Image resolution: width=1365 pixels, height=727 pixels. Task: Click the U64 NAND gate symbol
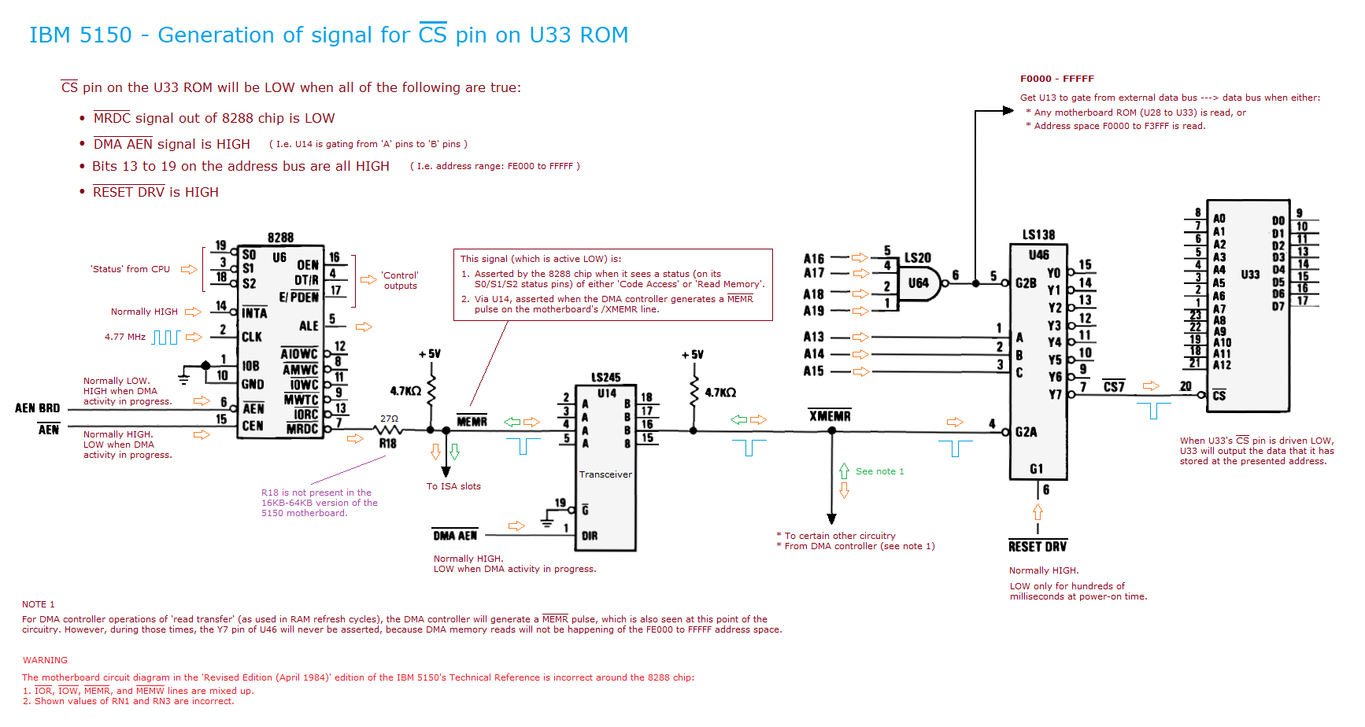point(919,283)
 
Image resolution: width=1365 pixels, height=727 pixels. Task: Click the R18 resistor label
point(388,444)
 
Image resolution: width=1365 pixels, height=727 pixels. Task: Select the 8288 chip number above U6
point(280,238)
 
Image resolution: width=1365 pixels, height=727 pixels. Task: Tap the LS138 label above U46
point(1038,235)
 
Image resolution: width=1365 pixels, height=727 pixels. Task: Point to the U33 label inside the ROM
point(1250,275)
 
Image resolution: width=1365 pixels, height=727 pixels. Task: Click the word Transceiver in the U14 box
point(605,474)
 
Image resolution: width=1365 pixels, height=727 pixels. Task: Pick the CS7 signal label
point(1114,386)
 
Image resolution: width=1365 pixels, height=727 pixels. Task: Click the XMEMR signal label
point(830,416)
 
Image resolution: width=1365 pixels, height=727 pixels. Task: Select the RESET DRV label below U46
point(1038,547)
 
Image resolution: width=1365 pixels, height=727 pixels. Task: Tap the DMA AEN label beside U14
point(455,536)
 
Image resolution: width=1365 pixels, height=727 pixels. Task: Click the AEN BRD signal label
point(38,408)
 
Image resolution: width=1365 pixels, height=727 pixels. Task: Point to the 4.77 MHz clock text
point(125,337)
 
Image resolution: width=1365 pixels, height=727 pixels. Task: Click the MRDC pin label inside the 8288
point(302,430)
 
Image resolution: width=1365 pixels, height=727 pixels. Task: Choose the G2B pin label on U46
point(1026,283)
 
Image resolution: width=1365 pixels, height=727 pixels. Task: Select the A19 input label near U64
point(814,311)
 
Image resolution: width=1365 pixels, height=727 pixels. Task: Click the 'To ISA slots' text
point(453,486)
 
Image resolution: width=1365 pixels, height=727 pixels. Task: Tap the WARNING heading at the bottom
point(45,660)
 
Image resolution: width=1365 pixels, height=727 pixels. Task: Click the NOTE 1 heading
point(39,604)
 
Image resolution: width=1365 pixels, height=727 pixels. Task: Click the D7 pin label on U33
point(1278,306)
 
